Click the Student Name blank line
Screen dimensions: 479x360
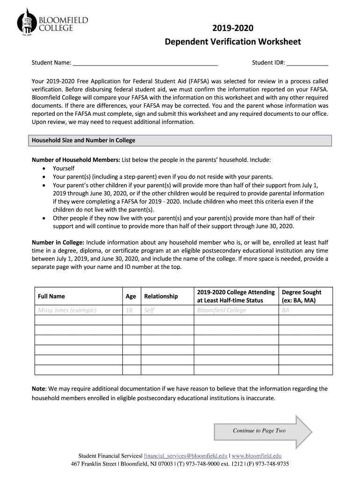click(x=145, y=63)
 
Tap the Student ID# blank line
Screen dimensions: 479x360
click(x=307, y=63)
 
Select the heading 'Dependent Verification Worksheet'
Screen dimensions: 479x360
click(x=233, y=43)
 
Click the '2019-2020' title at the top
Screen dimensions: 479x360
click(x=233, y=29)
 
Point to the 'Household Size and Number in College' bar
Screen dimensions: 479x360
click(x=181, y=140)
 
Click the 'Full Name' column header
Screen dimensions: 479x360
click(x=51, y=296)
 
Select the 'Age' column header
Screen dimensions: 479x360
click(x=131, y=296)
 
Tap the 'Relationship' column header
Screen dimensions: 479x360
click(x=161, y=296)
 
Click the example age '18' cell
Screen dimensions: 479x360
click(x=129, y=310)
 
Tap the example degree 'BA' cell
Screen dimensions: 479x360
click(x=286, y=310)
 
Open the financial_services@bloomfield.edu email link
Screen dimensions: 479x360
click(x=186, y=456)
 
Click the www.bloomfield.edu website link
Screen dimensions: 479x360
click(x=257, y=456)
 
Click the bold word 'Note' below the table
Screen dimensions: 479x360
click(x=38, y=389)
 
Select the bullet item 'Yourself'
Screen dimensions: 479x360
click(x=64, y=168)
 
